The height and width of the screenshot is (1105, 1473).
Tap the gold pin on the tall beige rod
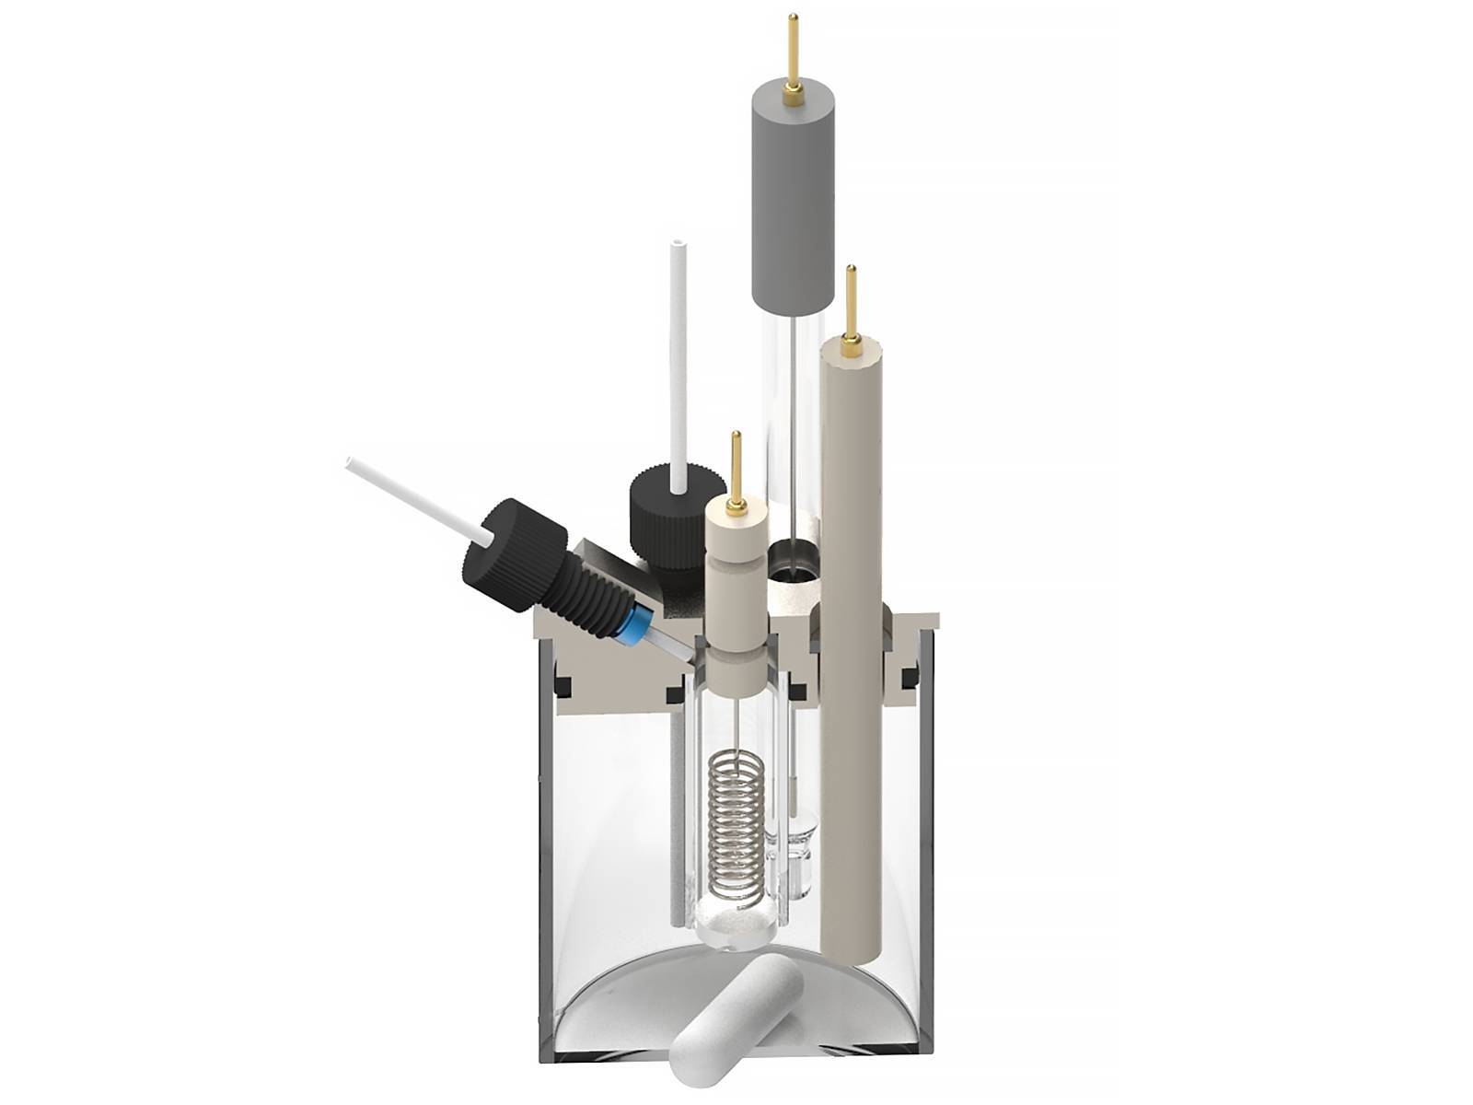pos(852,304)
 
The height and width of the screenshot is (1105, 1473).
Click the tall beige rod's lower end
pos(852,930)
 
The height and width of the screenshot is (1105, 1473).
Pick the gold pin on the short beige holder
pos(736,470)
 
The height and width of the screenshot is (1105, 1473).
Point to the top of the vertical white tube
pos(679,249)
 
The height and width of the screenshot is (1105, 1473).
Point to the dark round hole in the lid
pos(792,562)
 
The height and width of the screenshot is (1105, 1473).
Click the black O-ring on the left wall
pos(563,685)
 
